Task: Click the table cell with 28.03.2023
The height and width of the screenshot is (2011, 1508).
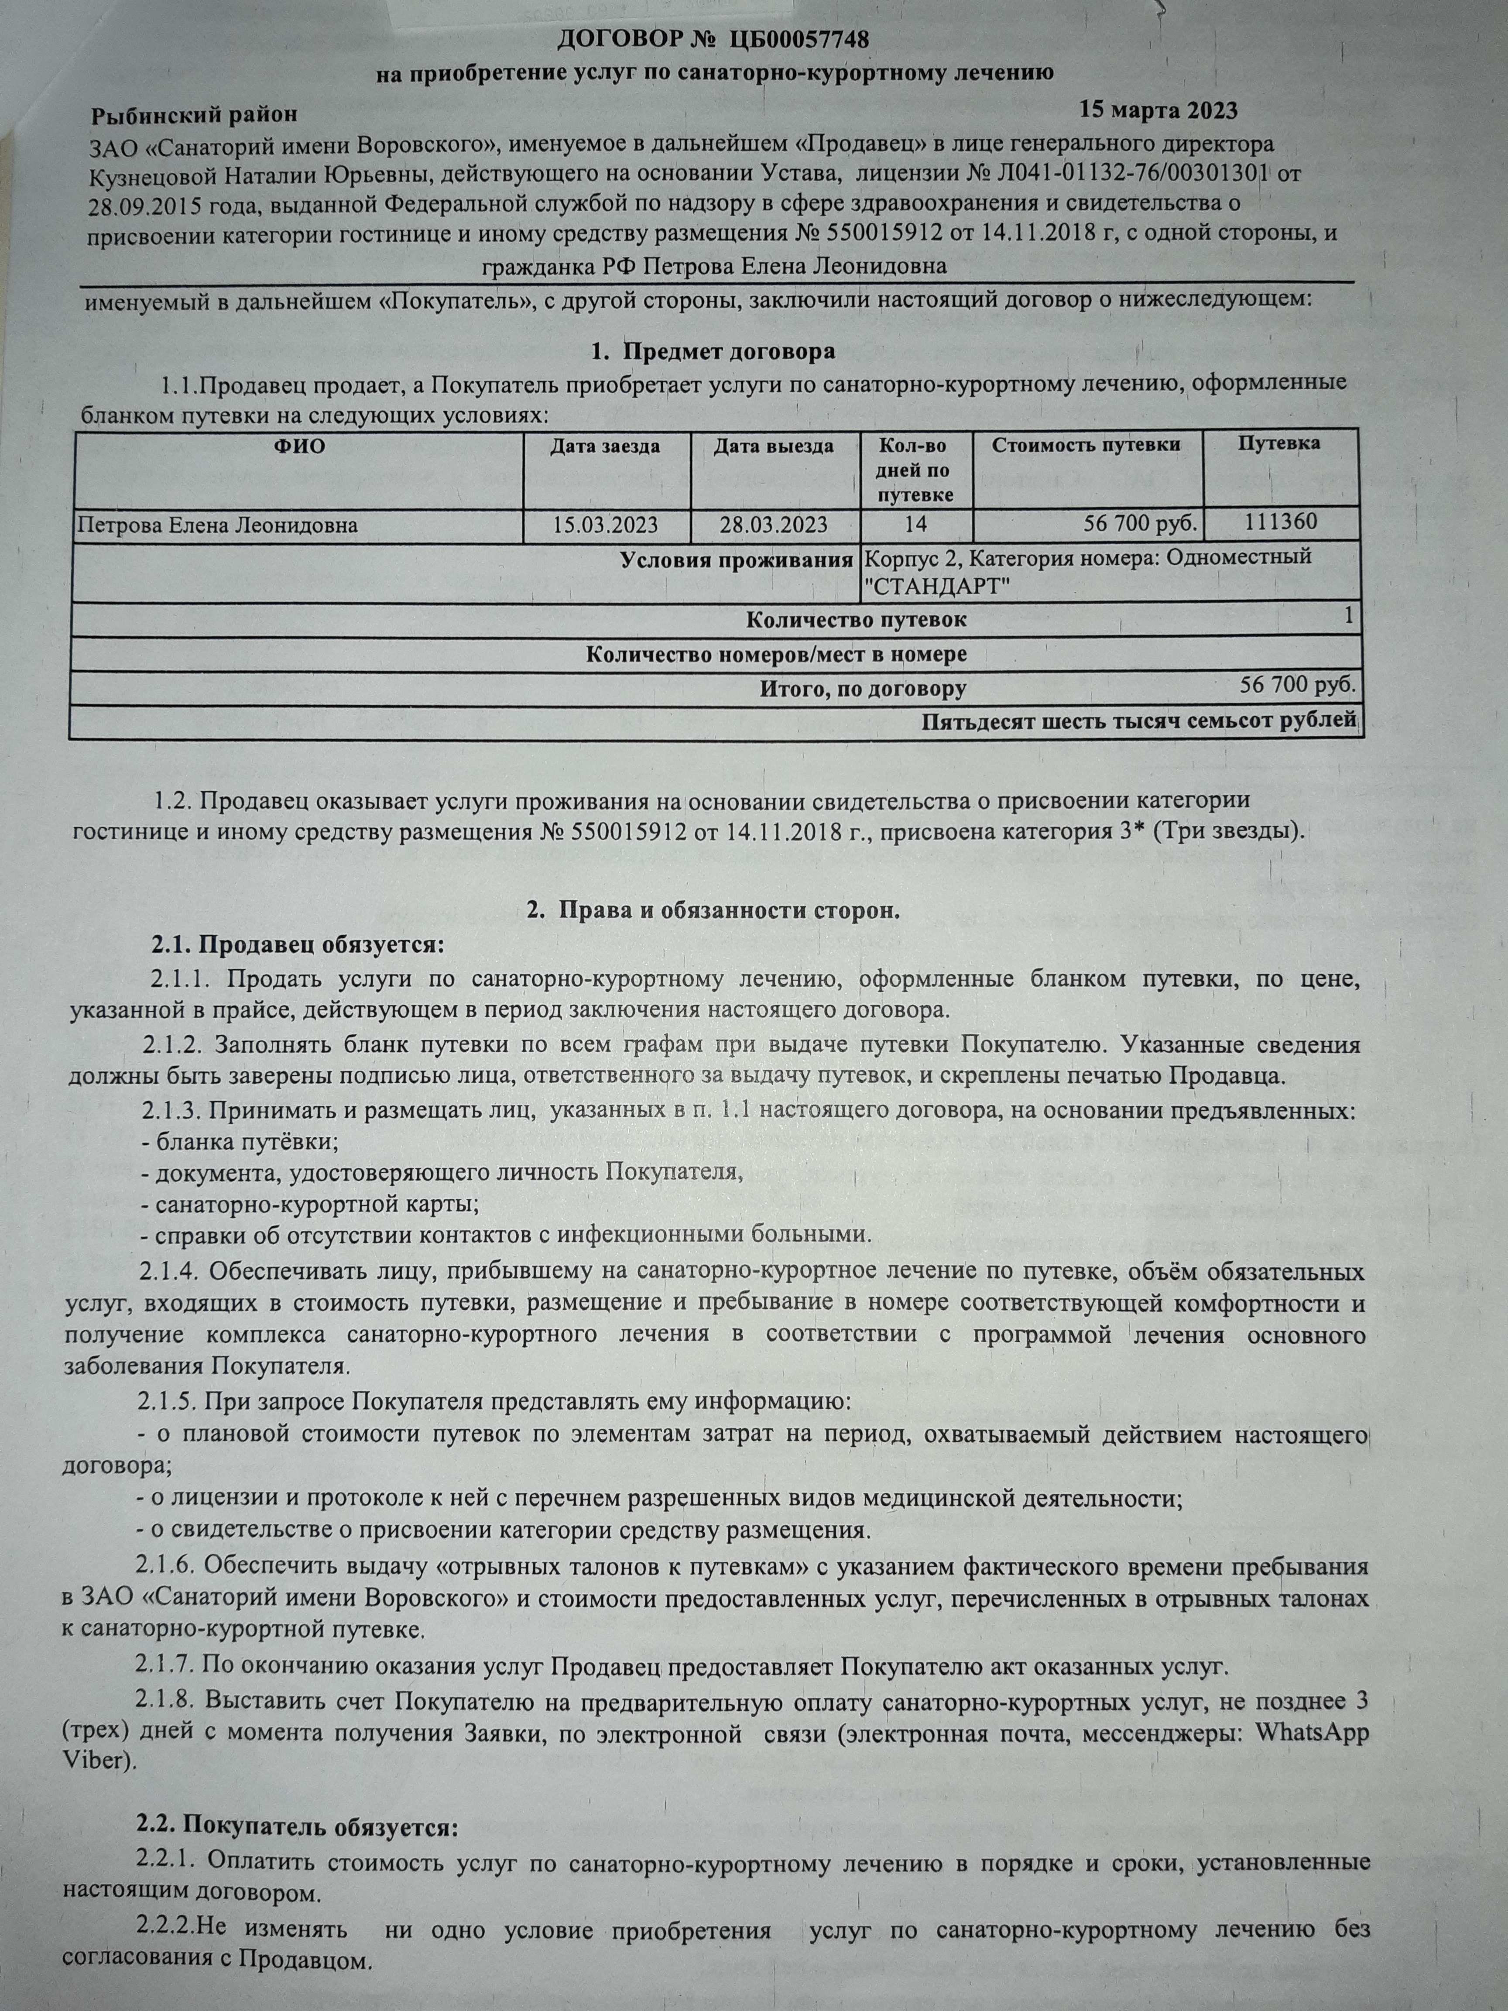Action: click(x=774, y=525)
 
